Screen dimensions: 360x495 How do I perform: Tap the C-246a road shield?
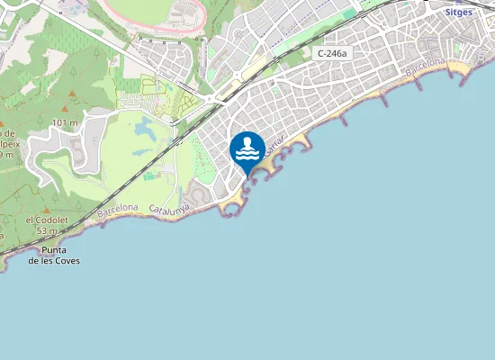point(332,54)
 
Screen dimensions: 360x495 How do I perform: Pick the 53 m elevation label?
point(48,231)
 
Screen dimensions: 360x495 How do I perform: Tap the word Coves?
point(66,261)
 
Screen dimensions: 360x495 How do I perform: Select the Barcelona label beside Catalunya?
point(118,211)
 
